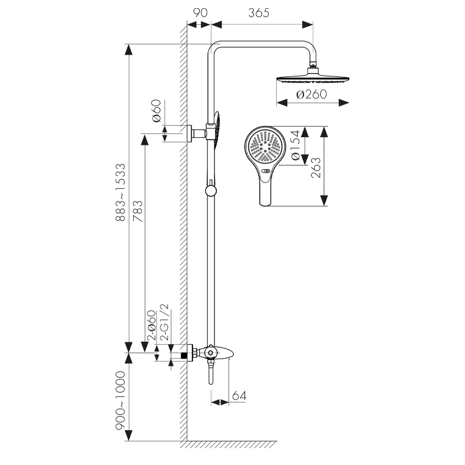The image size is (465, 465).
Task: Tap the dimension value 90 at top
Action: pos(198,13)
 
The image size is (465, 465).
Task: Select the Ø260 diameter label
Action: pos(312,94)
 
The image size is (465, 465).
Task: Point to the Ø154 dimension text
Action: pos(295,147)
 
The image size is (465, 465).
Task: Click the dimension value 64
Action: pos(239,396)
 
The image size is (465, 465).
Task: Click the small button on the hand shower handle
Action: pos(266,172)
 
